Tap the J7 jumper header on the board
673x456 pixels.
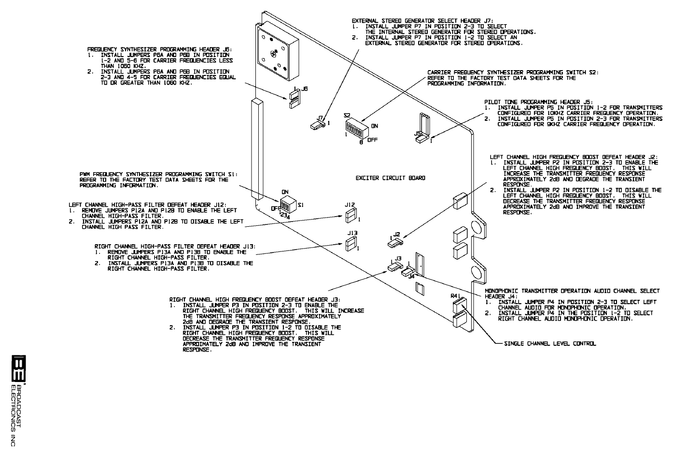pos(317,125)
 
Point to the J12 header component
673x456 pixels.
pos(351,216)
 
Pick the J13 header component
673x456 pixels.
pos(351,245)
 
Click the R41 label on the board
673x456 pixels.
pos(456,296)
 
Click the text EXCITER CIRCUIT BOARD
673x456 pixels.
pos(390,178)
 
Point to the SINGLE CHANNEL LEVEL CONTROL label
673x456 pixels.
pos(550,344)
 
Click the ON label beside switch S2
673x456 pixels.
pos(374,125)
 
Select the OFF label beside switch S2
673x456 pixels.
pos(372,140)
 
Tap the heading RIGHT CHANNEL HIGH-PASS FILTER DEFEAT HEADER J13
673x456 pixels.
pos(174,246)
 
